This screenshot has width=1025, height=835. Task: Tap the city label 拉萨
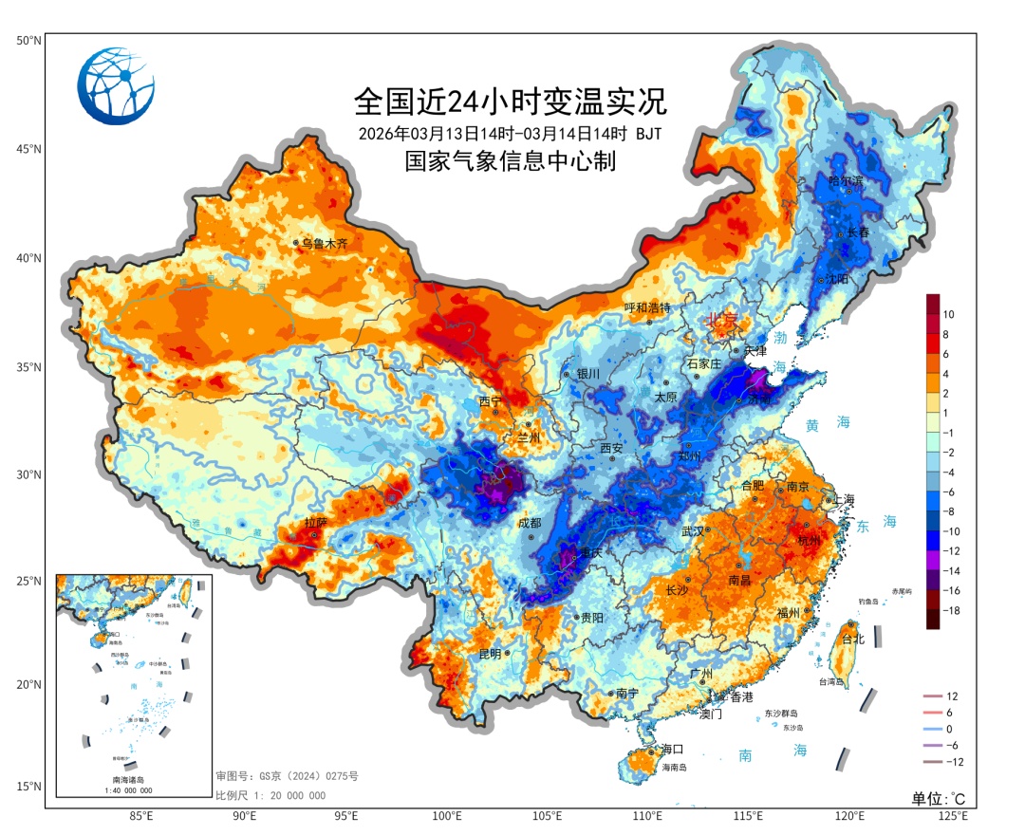pyautogui.click(x=315, y=523)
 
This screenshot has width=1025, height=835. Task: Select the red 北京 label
pyautogui.click(x=721, y=321)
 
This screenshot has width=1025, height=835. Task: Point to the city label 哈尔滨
pyautogui.click(x=846, y=180)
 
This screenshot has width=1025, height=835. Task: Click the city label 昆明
pyautogui.click(x=490, y=654)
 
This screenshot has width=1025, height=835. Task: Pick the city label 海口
pyautogui.click(x=673, y=749)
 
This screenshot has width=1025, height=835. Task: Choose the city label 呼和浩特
pyautogui.click(x=647, y=308)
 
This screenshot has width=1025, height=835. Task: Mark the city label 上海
pyautogui.click(x=841, y=500)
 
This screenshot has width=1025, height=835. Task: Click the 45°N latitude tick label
pyautogui.click(x=28, y=149)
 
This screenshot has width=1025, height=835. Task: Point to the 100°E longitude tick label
pyautogui.click(x=447, y=815)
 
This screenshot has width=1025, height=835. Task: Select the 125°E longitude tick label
pyautogui.click(x=952, y=815)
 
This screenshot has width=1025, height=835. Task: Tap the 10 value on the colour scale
pyautogui.click(x=948, y=314)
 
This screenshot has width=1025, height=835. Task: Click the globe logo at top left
pyautogui.click(x=116, y=86)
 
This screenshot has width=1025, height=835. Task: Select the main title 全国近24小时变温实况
pyautogui.click(x=511, y=100)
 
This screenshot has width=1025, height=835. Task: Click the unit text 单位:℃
pyautogui.click(x=938, y=798)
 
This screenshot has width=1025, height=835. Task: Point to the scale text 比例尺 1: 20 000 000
pyautogui.click(x=270, y=795)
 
